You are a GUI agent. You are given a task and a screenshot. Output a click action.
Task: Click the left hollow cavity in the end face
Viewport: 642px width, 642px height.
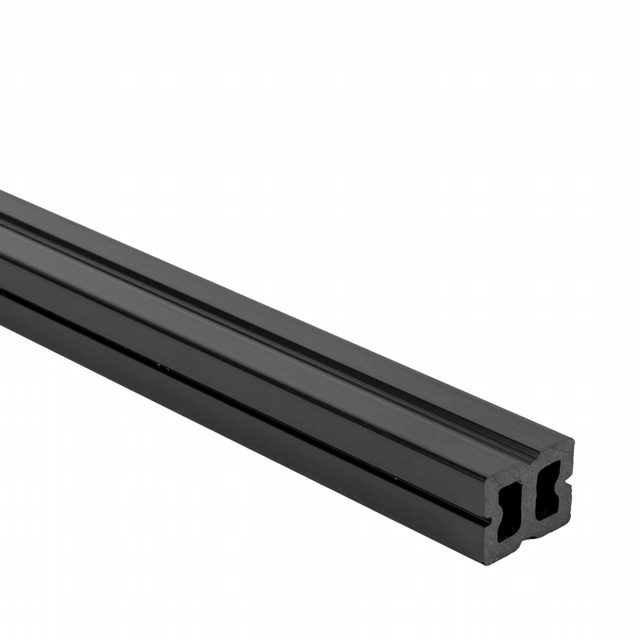click(x=510, y=511)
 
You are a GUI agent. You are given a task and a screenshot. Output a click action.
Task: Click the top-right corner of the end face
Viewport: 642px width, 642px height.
click(x=571, y=442)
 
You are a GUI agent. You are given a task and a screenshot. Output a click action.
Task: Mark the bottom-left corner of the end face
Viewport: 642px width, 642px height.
click(x=488, y=562)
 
